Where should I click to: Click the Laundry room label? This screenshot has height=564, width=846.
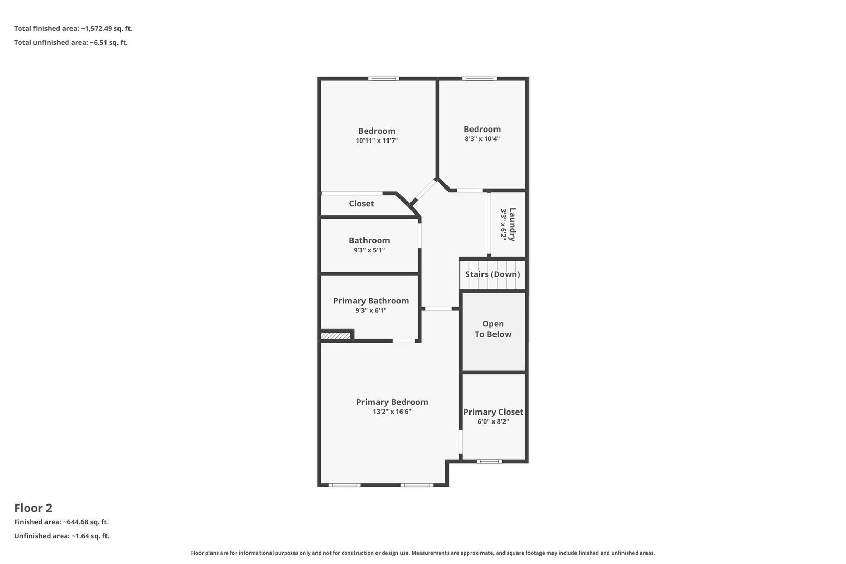click(x=512, y=225)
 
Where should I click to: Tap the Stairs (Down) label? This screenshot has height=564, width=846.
click(x=492, y=274)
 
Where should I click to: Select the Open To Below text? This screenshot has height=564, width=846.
click(x=493, y=329)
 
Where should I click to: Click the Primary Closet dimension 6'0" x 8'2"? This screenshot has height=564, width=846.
click(x=493, y=421)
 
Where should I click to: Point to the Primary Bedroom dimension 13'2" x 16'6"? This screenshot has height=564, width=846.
click(x=392, y=412)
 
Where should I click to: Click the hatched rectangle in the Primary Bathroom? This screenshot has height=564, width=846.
click(x=335, y=335)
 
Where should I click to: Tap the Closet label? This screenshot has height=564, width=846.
click(x=361, y=204)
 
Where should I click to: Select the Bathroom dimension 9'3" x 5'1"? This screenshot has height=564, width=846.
click(x=369, y=250)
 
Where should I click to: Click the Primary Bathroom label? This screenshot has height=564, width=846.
click(x=371, y=301)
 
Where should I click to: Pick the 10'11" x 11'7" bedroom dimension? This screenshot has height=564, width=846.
click(x=377, y=140)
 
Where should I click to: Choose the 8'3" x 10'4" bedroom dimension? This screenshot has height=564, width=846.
click(x=483, y=138)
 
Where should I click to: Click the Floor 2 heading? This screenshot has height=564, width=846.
click(x=33, y=508)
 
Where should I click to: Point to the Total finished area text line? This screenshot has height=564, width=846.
click(x=73, y=28)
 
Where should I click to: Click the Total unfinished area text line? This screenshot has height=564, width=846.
click(x=71, y=42)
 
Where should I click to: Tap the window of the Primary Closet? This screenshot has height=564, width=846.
click(x=489, y=461)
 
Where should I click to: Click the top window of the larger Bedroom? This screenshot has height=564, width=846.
click(x=384, y=78)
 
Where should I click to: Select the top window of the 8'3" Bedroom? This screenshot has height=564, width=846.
click(x=479, y=78)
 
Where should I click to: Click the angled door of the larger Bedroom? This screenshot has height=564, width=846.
click(x=425, y=191)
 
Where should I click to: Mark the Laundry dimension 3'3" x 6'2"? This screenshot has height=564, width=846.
click(x=503, y=224)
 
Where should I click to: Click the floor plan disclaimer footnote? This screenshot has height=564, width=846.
click(x=422, y=553)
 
